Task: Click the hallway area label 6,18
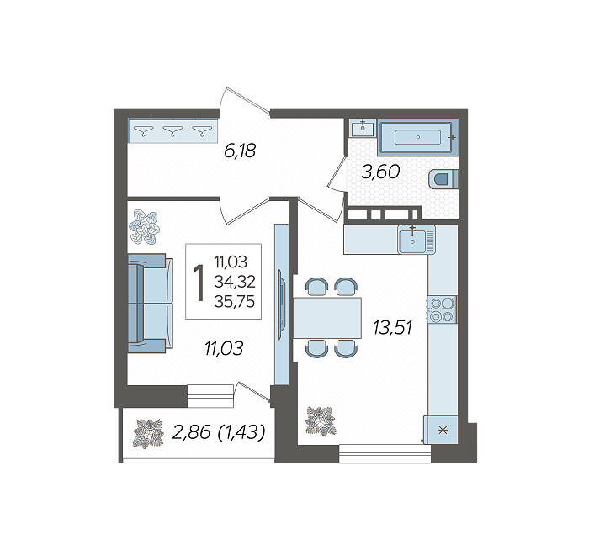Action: point(240,151)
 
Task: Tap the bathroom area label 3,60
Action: point(380,172)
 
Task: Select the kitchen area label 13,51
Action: point(393,327)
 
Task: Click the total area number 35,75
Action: point(235,301)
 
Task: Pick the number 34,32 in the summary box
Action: point(235,282)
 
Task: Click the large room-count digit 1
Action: point(199,282)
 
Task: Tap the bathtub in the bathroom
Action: point(417,137)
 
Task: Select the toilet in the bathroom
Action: point(443,178)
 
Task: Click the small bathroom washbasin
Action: point(363,128)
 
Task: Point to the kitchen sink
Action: point(417,239)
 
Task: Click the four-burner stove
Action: point(442,309)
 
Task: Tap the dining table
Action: point(327,318)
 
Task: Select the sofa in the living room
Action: point(151,304)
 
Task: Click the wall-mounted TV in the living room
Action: point(281,304)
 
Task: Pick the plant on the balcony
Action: point(149,433)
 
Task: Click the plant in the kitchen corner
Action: point(321,421)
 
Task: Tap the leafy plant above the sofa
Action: point(144,227)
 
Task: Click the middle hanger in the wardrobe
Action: point(172,130)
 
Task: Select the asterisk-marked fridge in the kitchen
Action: point(441,430)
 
